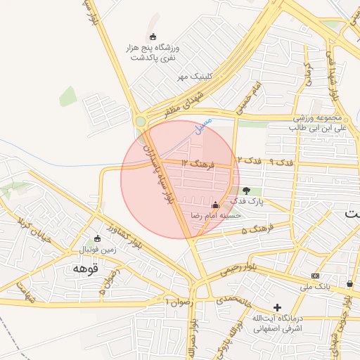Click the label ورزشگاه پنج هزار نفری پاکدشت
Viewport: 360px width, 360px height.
tap(153, 53)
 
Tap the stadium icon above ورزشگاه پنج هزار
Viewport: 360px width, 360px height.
tap(153, 37)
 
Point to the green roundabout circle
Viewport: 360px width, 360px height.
tap(141, 122)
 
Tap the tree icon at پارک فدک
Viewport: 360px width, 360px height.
tap(246, 190)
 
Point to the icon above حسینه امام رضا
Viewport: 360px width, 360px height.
tap(215, 205)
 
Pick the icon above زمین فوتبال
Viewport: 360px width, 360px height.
tap(97, 238)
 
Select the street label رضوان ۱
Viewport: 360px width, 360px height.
tap(179, 301)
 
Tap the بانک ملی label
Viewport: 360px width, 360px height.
tap(315, 287)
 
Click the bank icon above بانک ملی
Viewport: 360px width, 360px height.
tap(315, 276)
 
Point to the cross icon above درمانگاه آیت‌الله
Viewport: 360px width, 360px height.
tap(278, 307)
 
